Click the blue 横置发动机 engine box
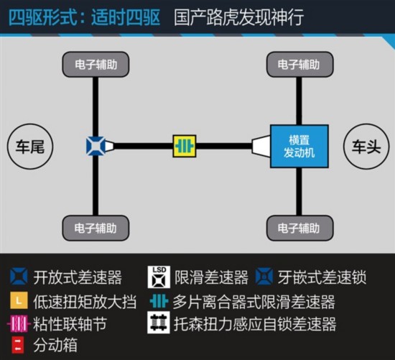(299, 146)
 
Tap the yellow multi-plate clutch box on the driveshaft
(185, 146)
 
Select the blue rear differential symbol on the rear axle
(96, 146)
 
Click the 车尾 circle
(30, 146)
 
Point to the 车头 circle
(366, 146)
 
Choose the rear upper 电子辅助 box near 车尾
(96, 65)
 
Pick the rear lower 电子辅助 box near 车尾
(96, 229)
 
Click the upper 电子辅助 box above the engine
(300, 65)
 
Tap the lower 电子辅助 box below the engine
(300, 229)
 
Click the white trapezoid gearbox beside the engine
(261, 146)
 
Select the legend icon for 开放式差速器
(19, 277)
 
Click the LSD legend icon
(159, 277)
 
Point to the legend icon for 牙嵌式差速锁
(264, 277)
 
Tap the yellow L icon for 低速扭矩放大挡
(19, 300)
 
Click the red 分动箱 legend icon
(18, 345)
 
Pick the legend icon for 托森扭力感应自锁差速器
(159, 323)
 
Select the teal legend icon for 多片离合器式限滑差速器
(159, 301)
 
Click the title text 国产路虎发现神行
(239, 17)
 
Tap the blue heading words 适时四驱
(126, 17)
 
